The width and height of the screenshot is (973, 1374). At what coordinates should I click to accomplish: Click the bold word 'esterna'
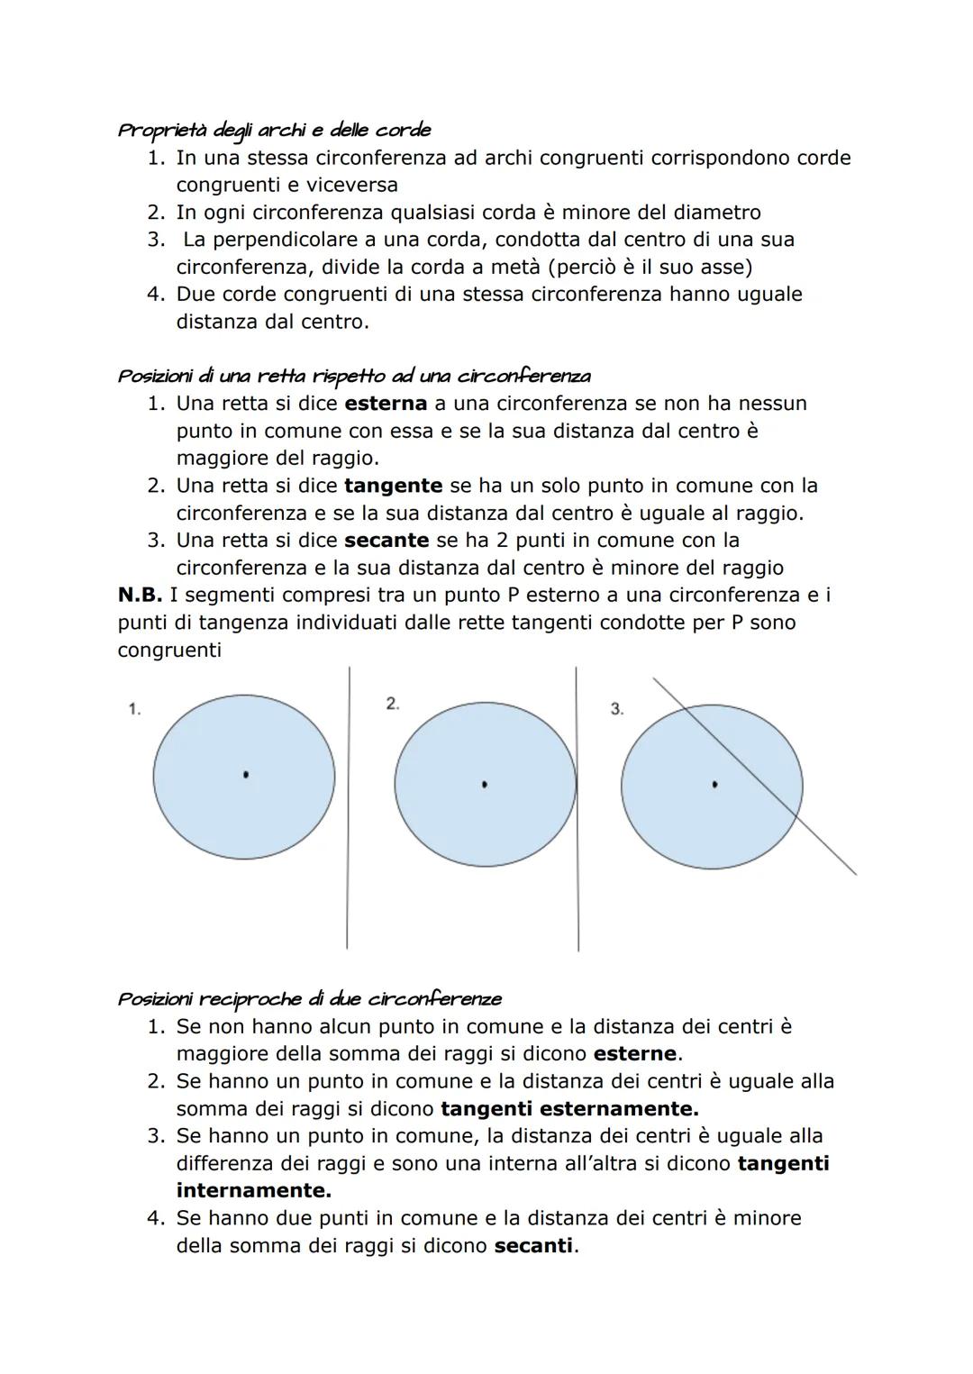385,404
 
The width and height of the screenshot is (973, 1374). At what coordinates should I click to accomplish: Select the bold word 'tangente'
393,486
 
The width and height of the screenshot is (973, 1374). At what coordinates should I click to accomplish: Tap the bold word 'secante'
386,541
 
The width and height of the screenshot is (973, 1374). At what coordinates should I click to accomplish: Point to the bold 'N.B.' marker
141,596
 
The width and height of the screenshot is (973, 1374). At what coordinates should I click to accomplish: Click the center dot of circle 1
246,774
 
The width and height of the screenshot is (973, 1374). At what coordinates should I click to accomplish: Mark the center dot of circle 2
485,785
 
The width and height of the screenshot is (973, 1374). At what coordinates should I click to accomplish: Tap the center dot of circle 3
714,785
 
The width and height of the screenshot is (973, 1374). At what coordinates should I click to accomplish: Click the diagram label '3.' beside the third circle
616,709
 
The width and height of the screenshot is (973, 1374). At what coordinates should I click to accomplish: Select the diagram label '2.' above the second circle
393,704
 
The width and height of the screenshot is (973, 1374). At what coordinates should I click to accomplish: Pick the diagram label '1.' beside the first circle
134,709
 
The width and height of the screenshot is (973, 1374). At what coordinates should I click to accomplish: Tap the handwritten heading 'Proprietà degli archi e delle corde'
275,130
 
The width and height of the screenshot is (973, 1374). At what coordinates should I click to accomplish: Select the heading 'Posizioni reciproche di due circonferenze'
309,999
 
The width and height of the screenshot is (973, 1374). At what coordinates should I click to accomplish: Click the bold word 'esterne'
634,1054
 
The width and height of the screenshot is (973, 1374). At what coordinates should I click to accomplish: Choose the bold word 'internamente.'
253,1191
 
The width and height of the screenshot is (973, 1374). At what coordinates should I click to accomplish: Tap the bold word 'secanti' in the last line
533,1246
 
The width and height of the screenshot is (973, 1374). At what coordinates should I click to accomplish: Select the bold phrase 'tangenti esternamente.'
569,1109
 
